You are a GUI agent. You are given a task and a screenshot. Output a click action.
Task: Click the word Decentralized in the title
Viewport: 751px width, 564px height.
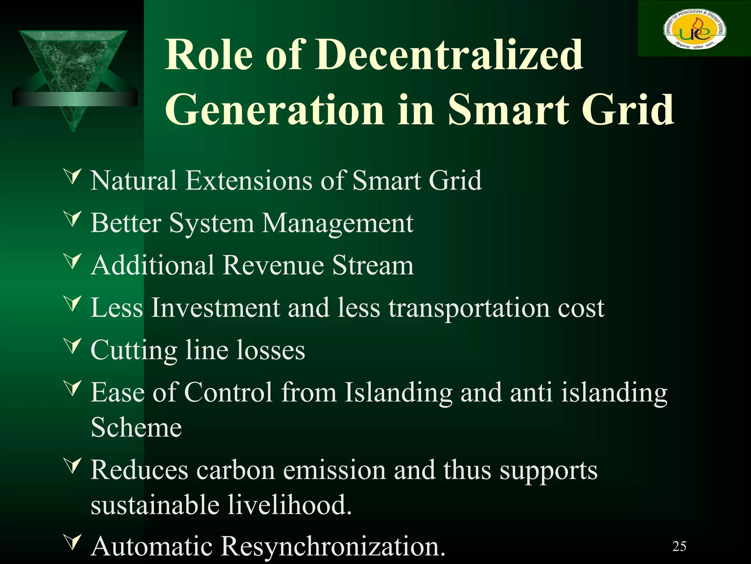point(449,55)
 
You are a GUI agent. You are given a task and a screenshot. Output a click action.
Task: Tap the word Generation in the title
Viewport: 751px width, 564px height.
point(275,109)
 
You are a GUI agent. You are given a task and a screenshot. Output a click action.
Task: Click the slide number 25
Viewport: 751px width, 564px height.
point(679,546)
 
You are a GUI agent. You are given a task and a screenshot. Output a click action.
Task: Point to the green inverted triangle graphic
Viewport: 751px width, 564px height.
point(73,73)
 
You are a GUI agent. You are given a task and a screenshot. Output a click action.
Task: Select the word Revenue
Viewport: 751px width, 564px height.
point(273,265)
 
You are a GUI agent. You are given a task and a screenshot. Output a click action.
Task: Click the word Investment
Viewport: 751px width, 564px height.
point(216,307)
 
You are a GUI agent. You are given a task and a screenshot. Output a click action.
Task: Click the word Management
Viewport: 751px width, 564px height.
point(338,223)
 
